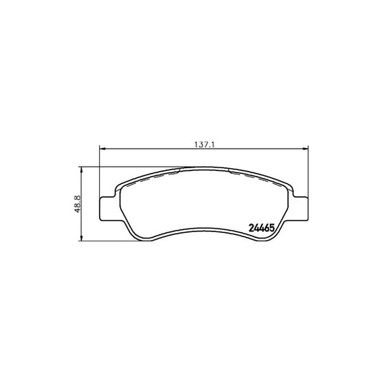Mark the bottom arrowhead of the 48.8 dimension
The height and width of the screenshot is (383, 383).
click(83, 238)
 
